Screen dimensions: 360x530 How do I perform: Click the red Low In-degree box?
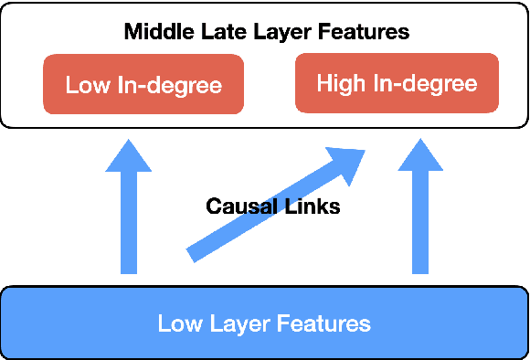[143, 85]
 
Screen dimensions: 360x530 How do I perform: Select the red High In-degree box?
[397, 83]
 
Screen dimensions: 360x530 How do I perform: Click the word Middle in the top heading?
[155, 32]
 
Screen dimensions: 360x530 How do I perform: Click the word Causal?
[240, 206]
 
